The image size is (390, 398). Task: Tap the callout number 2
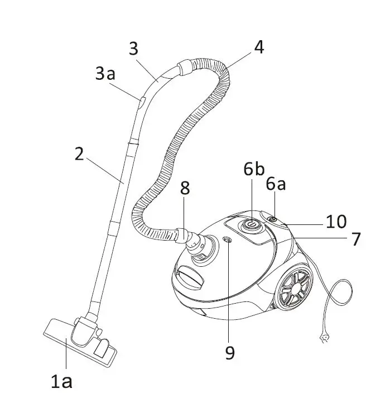[x=79, y=154]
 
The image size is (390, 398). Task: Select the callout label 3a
[x=105, y=74]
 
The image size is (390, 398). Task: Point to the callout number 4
[x=258, y=47]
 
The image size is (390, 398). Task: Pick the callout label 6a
[x=276, y=184]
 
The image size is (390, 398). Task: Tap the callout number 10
[x=336, y=221]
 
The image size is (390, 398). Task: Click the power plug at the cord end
[x=322, y=338]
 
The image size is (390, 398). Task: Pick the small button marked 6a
[x=272, y=219]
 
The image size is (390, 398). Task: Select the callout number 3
[x=133, y=49]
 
